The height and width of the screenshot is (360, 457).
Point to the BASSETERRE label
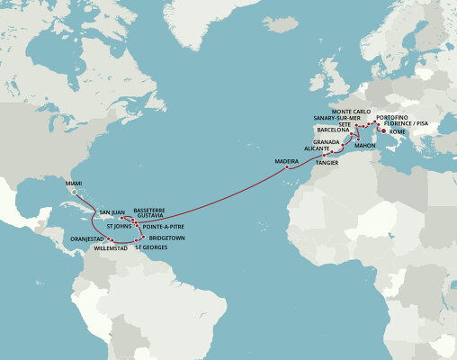pyautogui.click(x=149, y=208)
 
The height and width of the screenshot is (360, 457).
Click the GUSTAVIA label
pyautogui.click(x=147, y=216)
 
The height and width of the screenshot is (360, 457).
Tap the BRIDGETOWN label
pyautogui.click(x=166, y=238)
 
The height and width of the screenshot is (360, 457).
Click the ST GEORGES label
pyautogui.click(x=151, y=247)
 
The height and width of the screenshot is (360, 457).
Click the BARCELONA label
pyautogui.click(x=334, y=130)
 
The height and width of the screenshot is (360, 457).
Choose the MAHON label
pyautogui.click(x=365, y=144)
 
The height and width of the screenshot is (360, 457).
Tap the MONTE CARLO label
pyautogui.click(x=351, y=111)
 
